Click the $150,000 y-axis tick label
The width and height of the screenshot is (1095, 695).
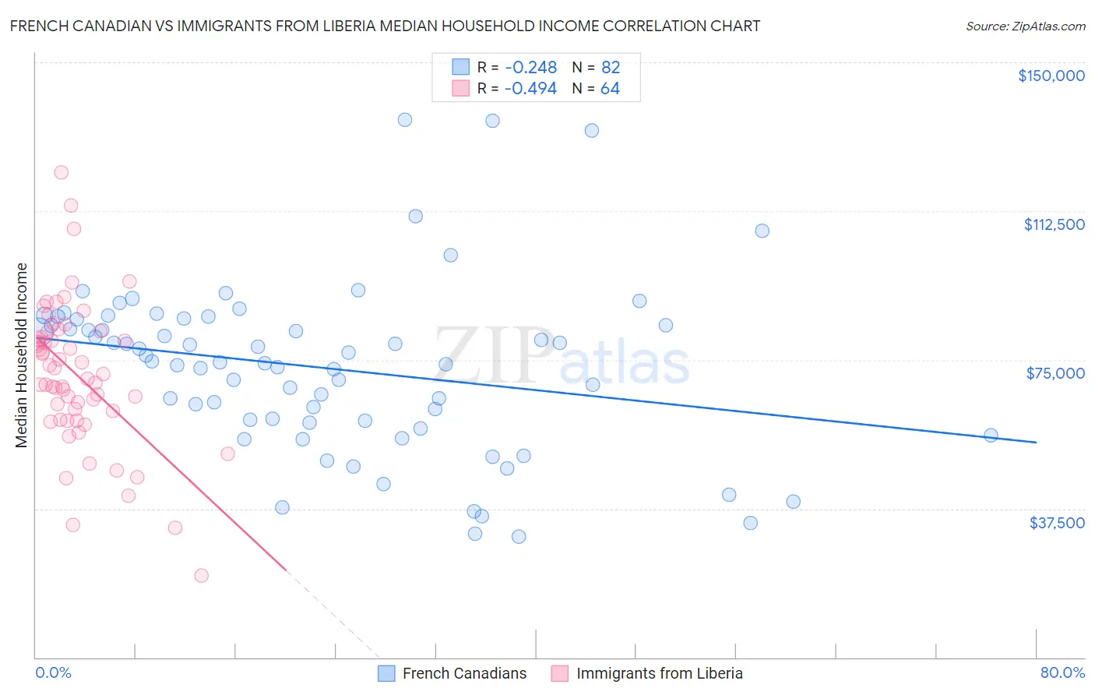(1051, 76)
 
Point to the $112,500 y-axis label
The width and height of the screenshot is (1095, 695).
(1054, 224)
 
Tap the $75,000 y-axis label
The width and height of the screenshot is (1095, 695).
(1055, 373)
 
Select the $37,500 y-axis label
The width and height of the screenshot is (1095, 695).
(1057, 523)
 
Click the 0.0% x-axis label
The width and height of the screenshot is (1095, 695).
(53, 672)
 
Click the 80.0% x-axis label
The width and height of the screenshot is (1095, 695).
(1062, 672)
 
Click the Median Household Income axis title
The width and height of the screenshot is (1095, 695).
(21, 355)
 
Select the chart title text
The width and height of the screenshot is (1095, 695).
(385, 26)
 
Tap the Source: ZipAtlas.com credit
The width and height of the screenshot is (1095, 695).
(1025, 26)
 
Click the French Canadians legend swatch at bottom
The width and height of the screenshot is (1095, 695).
(387, 673)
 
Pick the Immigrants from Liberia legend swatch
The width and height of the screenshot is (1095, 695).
(560, 673)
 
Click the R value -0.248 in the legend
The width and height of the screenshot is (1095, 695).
(530, 68)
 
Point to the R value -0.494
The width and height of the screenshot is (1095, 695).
(530, 89)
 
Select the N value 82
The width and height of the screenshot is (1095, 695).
(611, 68)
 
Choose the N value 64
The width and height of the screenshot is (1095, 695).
(611, 89)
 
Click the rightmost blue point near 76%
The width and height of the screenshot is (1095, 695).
(991, 436)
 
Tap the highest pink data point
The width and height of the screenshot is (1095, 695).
(61, 172)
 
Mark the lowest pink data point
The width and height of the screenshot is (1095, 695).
(201, 576)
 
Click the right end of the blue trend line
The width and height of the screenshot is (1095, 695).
(1036, 443)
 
